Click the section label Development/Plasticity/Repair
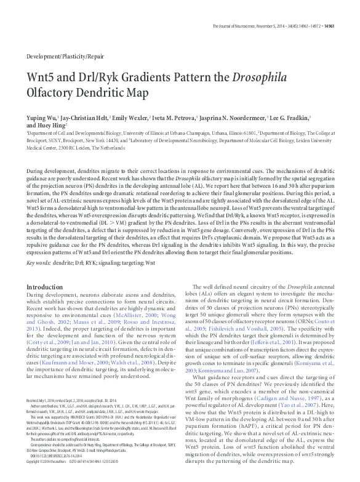click(x=65, y=56)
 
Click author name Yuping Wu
click(x=41, y=116)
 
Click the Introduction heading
click(x=46, y=287)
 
